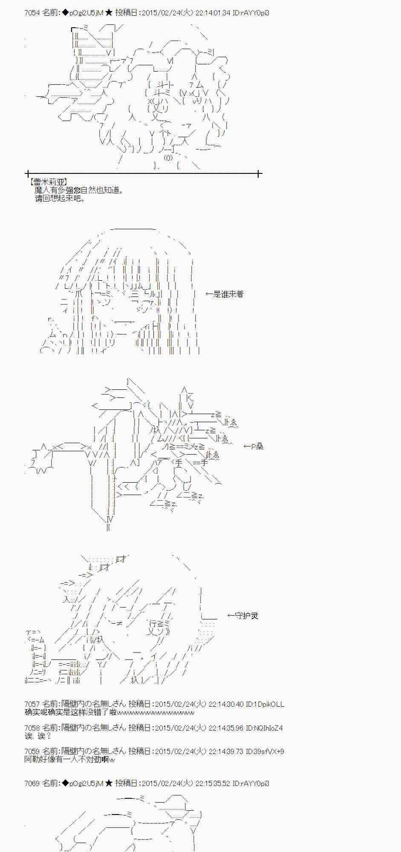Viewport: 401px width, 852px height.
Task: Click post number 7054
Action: pos(32,13)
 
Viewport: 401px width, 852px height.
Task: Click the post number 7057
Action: pos(32,704)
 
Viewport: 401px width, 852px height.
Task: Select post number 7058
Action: pos(32,728)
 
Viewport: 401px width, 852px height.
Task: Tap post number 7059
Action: pos(32,751)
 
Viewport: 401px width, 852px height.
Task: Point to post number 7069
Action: pos(32,783)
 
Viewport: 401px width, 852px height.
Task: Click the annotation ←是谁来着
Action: pos(225,294)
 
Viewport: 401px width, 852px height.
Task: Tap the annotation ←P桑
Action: pos(254,446)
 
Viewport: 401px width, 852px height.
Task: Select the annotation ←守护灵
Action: pos(243,616)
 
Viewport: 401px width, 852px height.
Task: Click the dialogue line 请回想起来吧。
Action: pos(60,198)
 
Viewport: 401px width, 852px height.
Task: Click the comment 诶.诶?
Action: pos(38,736)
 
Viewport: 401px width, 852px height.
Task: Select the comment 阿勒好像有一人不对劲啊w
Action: pos(69,760)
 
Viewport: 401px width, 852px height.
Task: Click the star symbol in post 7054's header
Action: pos(109,13)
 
